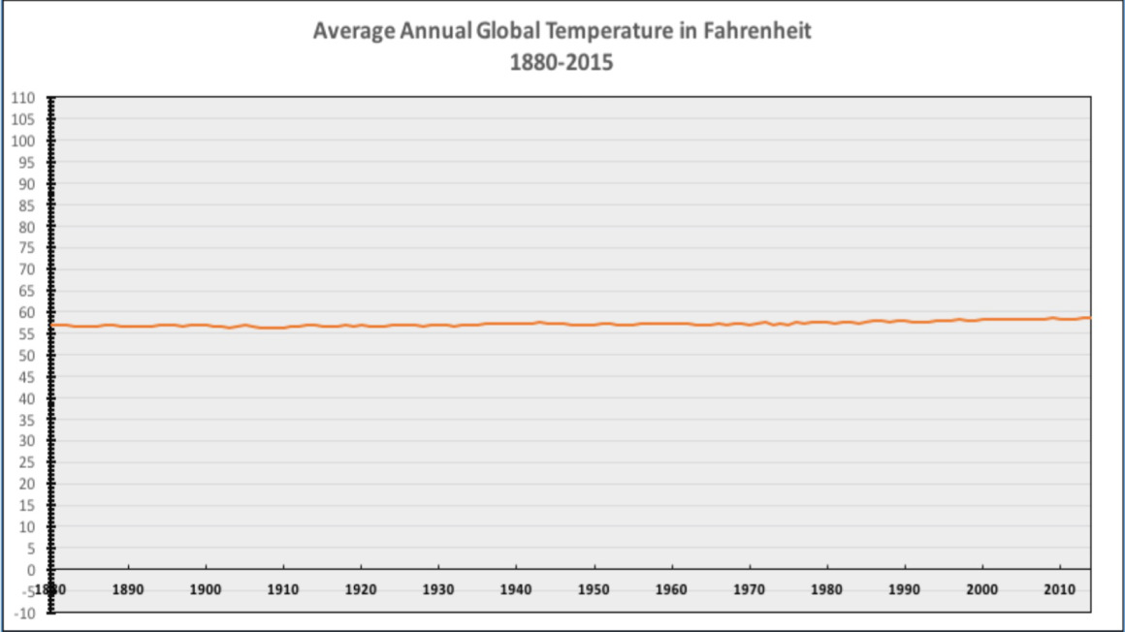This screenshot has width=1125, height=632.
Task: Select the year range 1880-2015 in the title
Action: pyautogui.click(x=562, y=64)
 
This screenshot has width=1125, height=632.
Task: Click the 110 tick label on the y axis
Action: pyautogui.click(x=23, y=98)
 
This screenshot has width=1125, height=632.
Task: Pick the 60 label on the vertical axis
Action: pyautogui.click(x=27, y=312)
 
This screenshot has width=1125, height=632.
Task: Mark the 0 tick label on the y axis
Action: pyautogui.click(x=31, y=570)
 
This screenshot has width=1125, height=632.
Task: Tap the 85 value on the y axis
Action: pyautogui.click(x=27, y=205)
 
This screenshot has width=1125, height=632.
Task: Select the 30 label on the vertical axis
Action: pyautogui.click(x=27, y=441)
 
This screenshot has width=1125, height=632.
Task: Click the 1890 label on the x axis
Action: pyautogui.click(x=128, y=588)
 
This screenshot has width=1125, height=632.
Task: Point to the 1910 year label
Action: pyautogui.click(x=283, y=588)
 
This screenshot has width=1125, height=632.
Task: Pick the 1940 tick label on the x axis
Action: pyautogui.click(x=516, y=588)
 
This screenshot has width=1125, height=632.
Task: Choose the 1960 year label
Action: pyautogui.click(x=671, y=588)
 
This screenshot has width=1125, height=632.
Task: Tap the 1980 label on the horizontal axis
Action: pyautogui.click(x=826, y=588)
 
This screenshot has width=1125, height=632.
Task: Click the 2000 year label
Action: pyautogui.click(x=982, y=588)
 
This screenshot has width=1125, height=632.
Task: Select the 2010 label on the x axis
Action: pyautogui.click(x=1060, y=588)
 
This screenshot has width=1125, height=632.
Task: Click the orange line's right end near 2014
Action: pyautogui.click(x=1089, y=317)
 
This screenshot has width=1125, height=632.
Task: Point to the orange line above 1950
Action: pyautogui.click(x=594, y=324)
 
